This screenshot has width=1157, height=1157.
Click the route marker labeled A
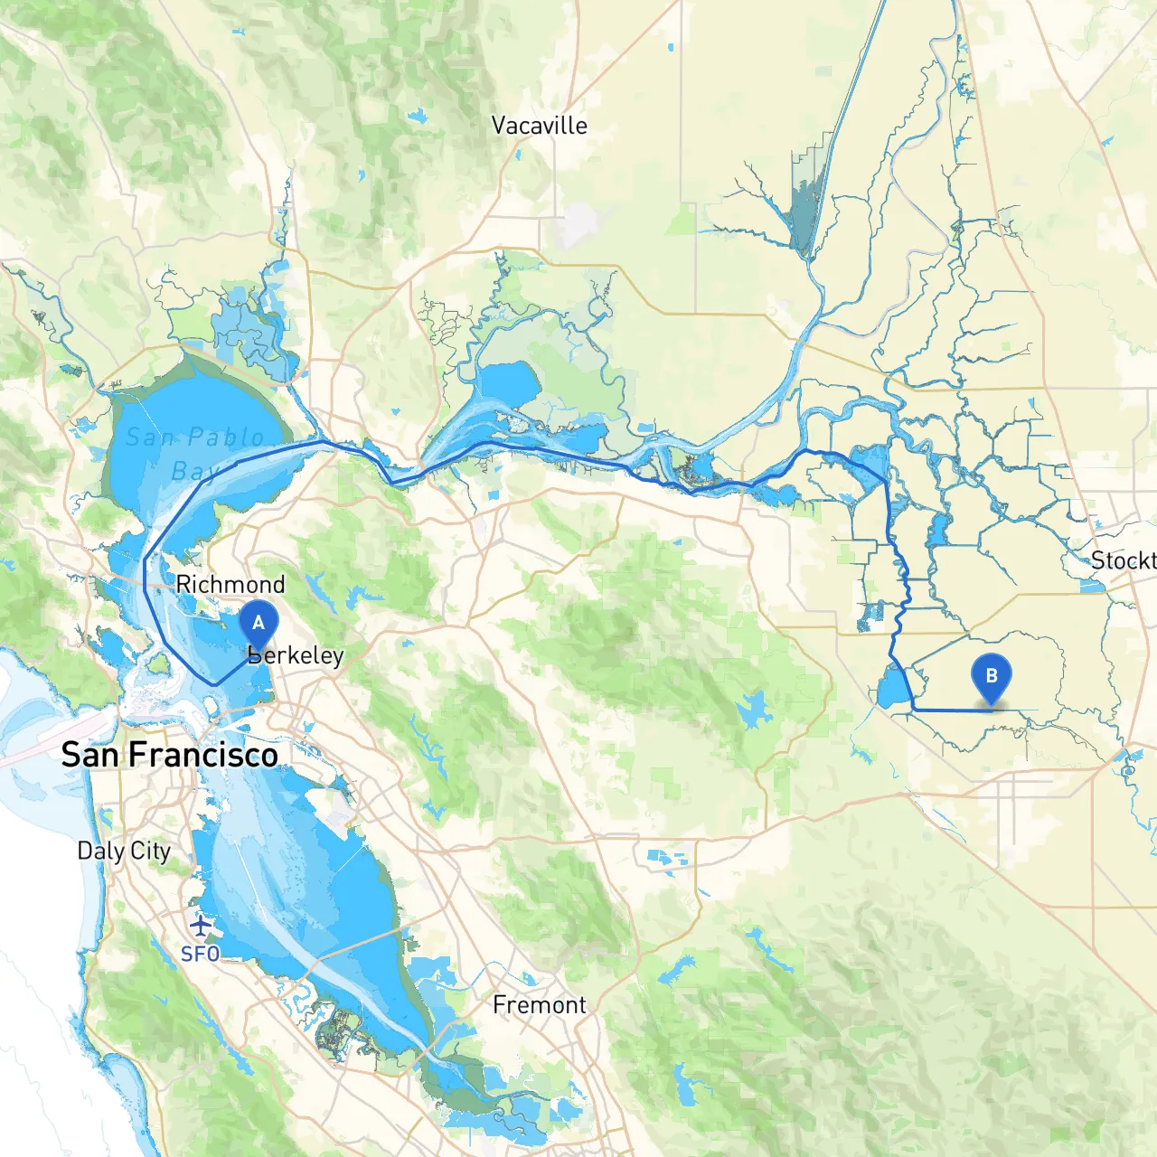pyautogui.click(x=259, y=625)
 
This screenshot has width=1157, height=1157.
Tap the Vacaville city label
pyautogui.click(x=539, y=126)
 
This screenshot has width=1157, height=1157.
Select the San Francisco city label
pyautogui.click(x=169, y=755)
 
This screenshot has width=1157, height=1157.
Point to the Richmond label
pyautogui.click(x=230, y=584)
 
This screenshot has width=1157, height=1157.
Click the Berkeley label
pyautogui.click(x=296, y=655)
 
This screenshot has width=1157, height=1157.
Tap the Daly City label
pyautogui.click(x=124, y=851)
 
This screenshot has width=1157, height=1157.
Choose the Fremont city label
pyautogui.click(x=539, y=1004)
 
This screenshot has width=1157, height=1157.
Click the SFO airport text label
pyautogui.click(x=200, y=954)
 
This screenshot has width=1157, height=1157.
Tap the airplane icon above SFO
pyautogui.click(x=201, y=927)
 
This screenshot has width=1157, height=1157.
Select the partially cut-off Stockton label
pyautogui.click(x=1123, y=560)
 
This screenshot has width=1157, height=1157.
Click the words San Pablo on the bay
pyautogui.click(x=195, y=437)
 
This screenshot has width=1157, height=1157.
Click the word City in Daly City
pyautogui.click(x=150, y=851)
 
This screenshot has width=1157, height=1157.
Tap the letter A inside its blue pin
pyautogui.click(x=259, y=622)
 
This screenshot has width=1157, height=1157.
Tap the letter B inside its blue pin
pyautogui.click(x=992, y=675)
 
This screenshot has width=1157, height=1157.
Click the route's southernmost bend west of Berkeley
pyautogui.click(x=214, y=684)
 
